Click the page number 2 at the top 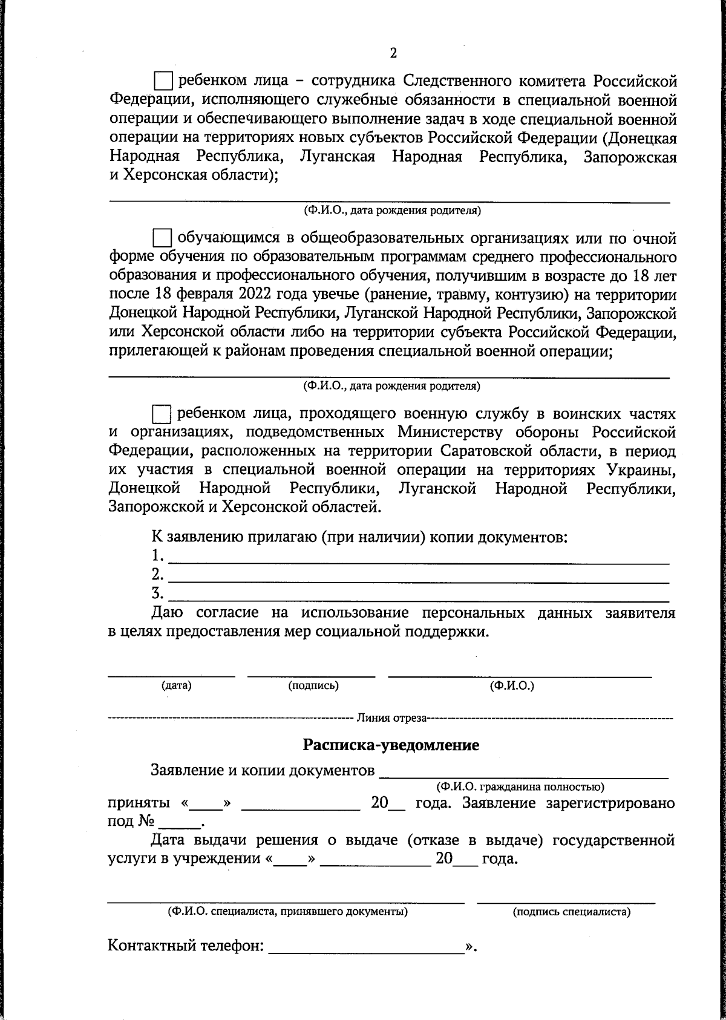click(393, 53)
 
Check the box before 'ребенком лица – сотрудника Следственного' click(163, 80)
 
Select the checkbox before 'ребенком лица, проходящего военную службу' click(162, 414)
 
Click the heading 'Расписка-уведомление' click(391, 745)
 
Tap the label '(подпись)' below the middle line click(313, 685)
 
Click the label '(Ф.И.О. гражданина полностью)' click(520, 787)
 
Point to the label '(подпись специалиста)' click(571, 912)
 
